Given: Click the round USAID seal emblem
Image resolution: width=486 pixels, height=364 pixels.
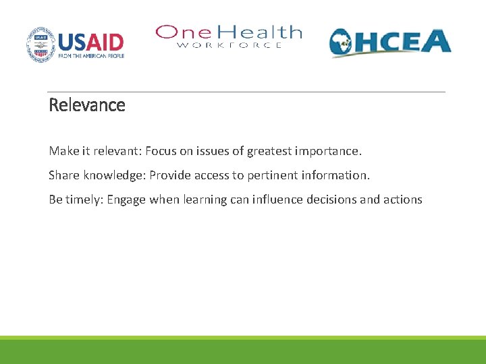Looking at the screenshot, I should [x=40, y=44].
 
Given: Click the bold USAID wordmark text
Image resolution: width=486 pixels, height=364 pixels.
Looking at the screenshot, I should [x=91, y=42].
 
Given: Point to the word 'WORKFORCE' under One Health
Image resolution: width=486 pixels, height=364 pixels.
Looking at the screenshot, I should [x=230, y=45].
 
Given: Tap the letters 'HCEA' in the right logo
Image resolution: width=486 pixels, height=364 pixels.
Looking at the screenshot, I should [x=405, y=42].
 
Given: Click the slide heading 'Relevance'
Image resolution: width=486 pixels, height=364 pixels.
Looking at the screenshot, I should [x=87, y=105].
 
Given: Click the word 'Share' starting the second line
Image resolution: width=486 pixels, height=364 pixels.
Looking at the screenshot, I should [x=63, y=175].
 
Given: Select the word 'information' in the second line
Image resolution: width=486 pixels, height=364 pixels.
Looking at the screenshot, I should [x=335, y=175].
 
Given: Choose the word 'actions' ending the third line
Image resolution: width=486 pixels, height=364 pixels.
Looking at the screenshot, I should [x=404, y=200].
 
